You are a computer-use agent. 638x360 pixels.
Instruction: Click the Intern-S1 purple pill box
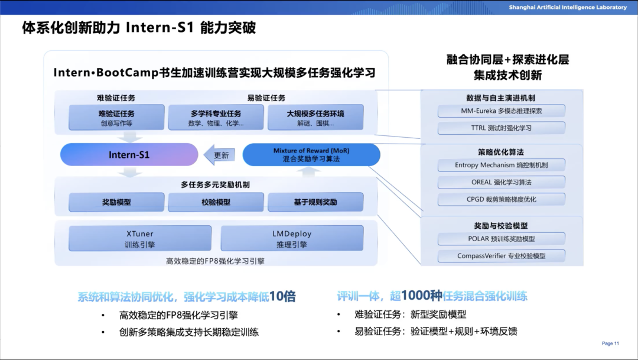129,155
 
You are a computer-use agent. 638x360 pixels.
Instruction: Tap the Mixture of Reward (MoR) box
311,155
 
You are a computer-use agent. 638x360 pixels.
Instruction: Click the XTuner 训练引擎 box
140,239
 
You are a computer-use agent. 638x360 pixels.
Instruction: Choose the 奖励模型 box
116,202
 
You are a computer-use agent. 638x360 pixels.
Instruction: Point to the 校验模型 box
216,202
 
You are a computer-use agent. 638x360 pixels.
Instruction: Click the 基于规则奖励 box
315,202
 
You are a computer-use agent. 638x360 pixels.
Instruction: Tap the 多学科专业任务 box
216,118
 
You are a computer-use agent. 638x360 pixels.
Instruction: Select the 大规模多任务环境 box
315,118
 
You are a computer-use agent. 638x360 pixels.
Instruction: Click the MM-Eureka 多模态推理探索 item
502,111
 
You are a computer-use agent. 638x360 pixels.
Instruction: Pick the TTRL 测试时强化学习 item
502,128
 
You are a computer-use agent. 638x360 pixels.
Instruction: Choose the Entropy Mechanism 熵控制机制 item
502,165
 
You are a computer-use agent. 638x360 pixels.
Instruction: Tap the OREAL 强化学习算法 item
502,182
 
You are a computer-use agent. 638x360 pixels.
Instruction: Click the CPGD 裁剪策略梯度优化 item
502,199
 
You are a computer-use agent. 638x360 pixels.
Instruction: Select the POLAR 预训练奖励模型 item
502,239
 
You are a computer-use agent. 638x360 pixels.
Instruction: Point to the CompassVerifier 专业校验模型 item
502,256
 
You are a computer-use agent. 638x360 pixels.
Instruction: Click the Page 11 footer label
610,343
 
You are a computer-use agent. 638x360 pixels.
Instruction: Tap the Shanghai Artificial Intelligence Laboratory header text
568,7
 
